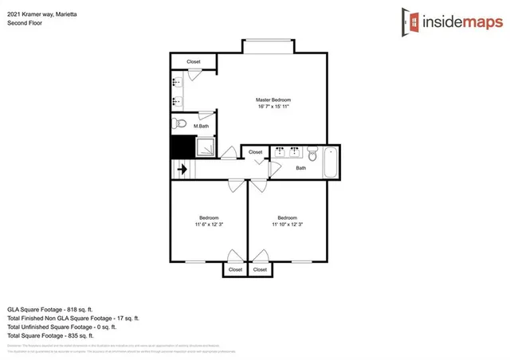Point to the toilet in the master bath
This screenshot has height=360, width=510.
pyautogui.click(x=179, y=124)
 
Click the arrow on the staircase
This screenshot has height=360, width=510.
pyautogui.click(x=182, y=169)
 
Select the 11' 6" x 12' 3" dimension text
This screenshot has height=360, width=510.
pyautogui.click(x=209, y=225)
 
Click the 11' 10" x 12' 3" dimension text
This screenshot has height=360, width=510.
pyautogui.click(x=287, y=225)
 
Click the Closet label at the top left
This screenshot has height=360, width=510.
pyautogui.click(x=194, y=62)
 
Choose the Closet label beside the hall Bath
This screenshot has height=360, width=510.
pyautogui.click(x=255, y=151)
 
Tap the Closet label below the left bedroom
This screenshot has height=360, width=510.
pyautogui.click(x=235, y=270)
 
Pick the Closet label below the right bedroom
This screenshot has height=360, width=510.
pyautogui.click(x=260, y=270)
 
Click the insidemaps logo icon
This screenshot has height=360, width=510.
pyautogui.click(x=410, y=22)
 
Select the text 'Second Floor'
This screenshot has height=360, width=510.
pyautogui.click(x=25, y=22)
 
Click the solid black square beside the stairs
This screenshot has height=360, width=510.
pyautogui.click(x=182, y=147)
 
